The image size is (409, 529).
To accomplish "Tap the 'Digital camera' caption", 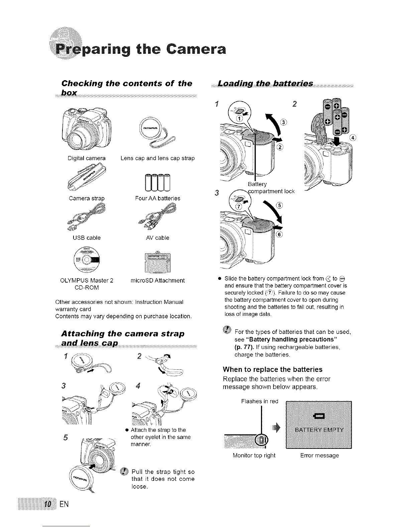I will coord(87,158).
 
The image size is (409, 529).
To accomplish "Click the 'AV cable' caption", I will coord(158,238).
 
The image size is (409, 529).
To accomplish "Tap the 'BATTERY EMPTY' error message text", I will coord(319,430).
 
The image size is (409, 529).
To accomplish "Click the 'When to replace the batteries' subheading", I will coord(272,369).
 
